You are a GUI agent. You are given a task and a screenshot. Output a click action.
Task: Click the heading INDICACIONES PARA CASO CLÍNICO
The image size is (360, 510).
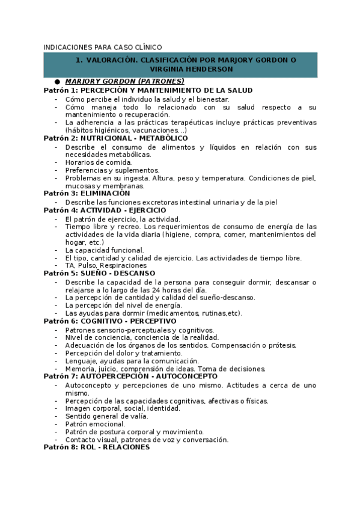pyautogui.click(x=103, y=46)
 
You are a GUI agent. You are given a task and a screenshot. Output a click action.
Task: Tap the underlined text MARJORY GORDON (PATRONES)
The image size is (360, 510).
pyautogui.click(x=124, y=81)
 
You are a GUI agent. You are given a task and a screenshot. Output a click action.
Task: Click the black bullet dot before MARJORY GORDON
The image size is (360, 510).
pyautogui.click(x=57, y=82)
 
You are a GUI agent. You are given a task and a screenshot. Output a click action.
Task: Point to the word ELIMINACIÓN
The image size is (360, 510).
pyautogui.click(x=105, y=194)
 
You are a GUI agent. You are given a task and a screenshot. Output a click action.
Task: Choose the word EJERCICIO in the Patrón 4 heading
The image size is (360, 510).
pyautogui.click(x=144, y=210)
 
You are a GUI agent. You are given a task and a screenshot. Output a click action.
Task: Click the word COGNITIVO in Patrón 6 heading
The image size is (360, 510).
pyautogui.click(x=105, y=321)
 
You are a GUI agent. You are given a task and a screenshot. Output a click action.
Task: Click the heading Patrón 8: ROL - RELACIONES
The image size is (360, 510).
pyautogui.click(x=96, y=447)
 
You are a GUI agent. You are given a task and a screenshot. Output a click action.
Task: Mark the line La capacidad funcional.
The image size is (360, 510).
pyautogui.click(x=104, y=250)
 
